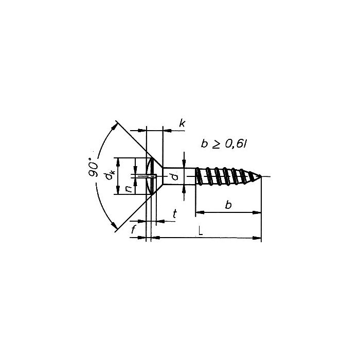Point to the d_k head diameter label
pyautogui.click(x=110, y=175)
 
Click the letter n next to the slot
pyautogui.click(x=129, y=188)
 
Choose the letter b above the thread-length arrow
pyautogui.click(x=228, y=205)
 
